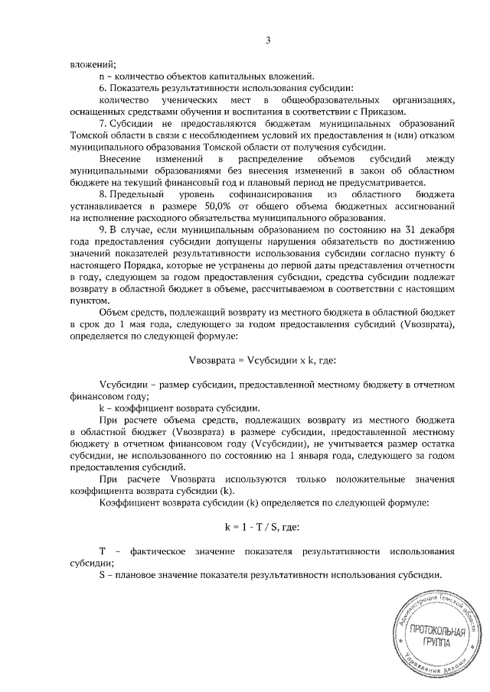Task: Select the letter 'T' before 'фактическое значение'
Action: point(102,551)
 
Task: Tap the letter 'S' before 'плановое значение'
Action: point(102,574)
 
